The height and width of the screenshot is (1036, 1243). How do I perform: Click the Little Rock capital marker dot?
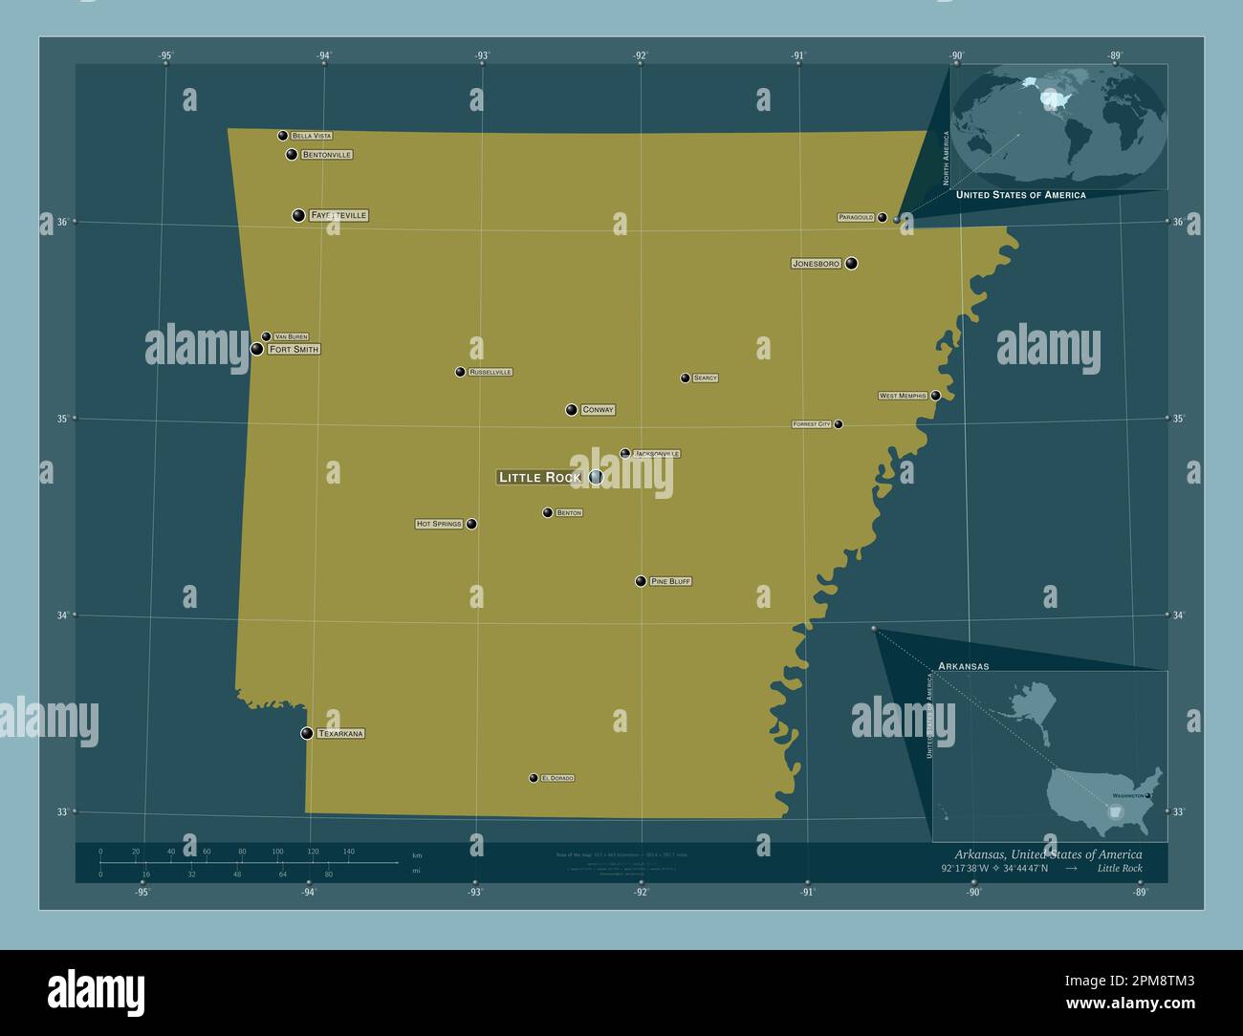click(x=596, y=476)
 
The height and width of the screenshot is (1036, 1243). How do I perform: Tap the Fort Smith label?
click(x=294, y=350)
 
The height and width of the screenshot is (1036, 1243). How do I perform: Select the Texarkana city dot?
click(x=307, y=733)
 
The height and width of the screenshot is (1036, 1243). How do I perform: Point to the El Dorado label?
click(x=557, y=778)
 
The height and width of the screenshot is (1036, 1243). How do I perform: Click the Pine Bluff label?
click(x=670, y=581)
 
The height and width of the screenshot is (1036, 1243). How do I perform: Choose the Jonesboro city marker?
click(x=851, y=263)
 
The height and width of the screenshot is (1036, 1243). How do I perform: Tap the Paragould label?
click(x=856, y=218)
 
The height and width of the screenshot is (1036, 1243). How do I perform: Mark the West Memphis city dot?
click(x=935, y=395)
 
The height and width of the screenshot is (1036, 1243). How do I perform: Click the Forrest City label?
click(x=812, y=423)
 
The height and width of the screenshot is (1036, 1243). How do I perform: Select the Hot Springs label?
click(x=439, y=524)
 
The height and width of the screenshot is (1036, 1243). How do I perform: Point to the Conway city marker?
click(x=571, y=410)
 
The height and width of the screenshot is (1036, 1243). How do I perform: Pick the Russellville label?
click(x=491, y=372)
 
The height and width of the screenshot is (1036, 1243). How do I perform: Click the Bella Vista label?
click(x=312, y=136)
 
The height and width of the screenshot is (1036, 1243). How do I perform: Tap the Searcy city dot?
click(x=685, y=378)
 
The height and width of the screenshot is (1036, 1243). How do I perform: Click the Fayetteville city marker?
click(x=298, y=215)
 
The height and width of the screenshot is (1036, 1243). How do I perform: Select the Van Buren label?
click(x=291, y=336)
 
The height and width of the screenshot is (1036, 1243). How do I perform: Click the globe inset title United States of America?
click(x=1020, y=195)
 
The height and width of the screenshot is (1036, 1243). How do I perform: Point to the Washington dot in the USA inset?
click(x=1148, y=795)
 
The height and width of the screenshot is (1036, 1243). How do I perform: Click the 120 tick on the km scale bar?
click(x=313, y=851)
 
